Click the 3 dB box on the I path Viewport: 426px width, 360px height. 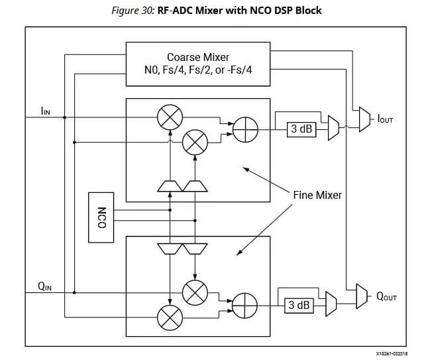[x=300, y=129]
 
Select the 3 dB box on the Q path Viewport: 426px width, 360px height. [x=298, y=305]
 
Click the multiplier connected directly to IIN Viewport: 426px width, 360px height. [x=170, y=118]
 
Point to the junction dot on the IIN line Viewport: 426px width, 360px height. [x=64, y=118]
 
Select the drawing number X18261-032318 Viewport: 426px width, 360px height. [x=390, y=354]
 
